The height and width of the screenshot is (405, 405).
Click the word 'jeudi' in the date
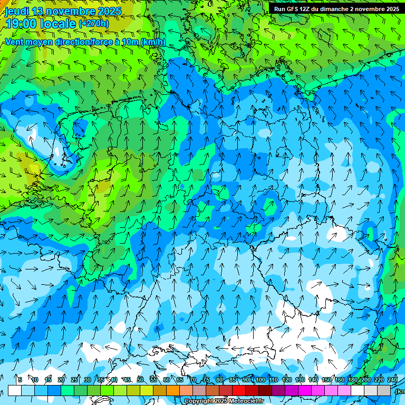click(x=17, y=11)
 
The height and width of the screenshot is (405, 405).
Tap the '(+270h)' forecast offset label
click(x=94, y=23)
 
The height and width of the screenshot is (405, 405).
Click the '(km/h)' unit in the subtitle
click(x=152, y=42)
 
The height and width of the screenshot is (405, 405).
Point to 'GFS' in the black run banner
click(x=295, y=9)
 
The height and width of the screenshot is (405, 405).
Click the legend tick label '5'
click(x=20, y=380)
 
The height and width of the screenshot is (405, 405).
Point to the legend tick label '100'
click(x=260, y=380)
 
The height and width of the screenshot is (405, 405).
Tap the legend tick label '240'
click(x=392, y=380)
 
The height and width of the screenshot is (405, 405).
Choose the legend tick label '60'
click(x=167, y=380)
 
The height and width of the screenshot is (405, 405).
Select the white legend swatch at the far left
click(x=15, y=390)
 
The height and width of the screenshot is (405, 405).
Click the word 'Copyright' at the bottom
click(x=199, y=401)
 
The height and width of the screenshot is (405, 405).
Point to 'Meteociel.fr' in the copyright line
click(x=246, y=401)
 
